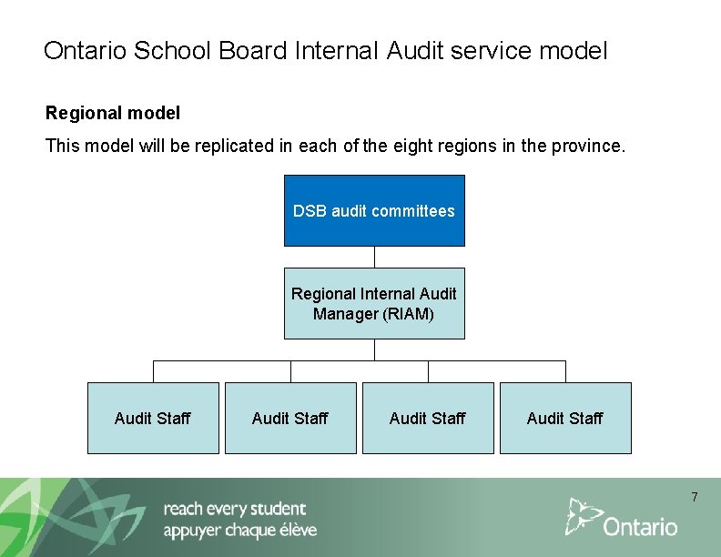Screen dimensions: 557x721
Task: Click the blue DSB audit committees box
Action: (x=374, y=210)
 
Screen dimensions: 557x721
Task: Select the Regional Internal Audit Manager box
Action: (x=374, y=303)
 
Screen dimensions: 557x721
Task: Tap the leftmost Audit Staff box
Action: (x=153, y=418)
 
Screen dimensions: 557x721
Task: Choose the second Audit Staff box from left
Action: (x=290, y=418)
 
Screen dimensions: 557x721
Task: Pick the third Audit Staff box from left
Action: (x=428, y=418)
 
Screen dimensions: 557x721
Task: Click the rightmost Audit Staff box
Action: (x=565, y=418)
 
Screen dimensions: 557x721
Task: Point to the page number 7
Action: (x=695, y=497)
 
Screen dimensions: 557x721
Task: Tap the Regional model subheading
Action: (x=113, y=114)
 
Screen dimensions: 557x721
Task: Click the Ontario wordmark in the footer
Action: (x=641, y=526)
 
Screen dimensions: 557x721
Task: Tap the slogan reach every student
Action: (x=235, y=509)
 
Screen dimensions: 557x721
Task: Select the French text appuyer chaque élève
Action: (x=240, y=531)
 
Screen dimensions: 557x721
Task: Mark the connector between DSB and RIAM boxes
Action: (x=374, y=257)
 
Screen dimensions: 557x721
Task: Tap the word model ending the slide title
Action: (x=573, y=51)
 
